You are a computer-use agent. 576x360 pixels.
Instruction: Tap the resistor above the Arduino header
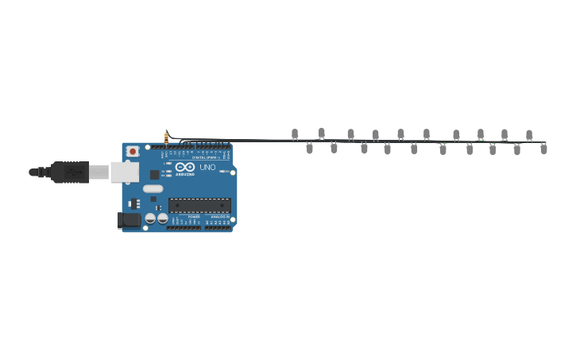(x=166, y=137)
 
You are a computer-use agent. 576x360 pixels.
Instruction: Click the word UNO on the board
(x=207, y=168)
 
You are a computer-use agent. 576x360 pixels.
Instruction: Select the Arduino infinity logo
(x=184, y=167)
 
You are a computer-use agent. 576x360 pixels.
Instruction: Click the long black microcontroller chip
(x=199, y=205)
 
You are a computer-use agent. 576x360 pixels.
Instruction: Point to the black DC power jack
(x=129, y=219)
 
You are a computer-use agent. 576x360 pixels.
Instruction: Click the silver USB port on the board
(x=124, y=172)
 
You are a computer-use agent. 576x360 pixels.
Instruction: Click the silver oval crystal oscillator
(x=153, y=189)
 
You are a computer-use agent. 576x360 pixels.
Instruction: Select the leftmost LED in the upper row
(x=295, y=134)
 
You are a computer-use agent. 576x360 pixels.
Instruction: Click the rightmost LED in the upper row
(x=529, y=135)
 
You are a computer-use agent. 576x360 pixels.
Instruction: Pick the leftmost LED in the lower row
(x=310, y=148)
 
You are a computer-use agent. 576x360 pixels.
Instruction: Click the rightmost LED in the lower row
(x=543, y=149)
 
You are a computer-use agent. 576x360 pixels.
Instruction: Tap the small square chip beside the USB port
(x=154, y=174)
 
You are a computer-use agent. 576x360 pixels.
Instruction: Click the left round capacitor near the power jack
(x=150, y=218)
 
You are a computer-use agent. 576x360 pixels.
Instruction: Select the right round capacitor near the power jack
(x=162, y=218)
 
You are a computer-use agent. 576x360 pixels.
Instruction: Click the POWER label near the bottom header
(x=194, y=215)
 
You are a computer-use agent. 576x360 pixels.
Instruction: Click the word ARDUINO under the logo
(x=184, y=174)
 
